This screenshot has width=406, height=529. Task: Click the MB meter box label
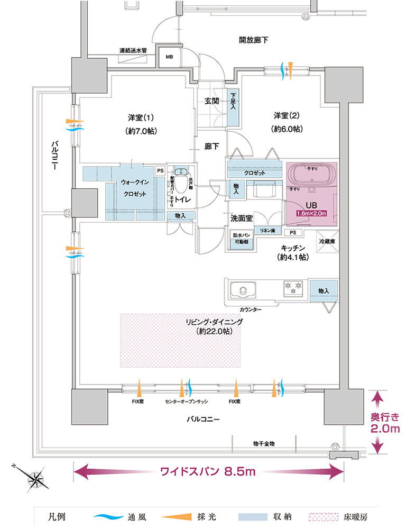pos(170,57)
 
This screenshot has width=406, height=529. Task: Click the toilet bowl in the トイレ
pos(181,183)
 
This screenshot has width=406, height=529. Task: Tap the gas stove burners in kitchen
pos(293,289)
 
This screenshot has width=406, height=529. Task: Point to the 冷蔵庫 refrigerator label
pos(327,241)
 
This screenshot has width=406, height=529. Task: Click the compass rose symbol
pos(35,478)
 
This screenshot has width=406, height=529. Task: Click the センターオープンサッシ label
pos(185,402)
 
